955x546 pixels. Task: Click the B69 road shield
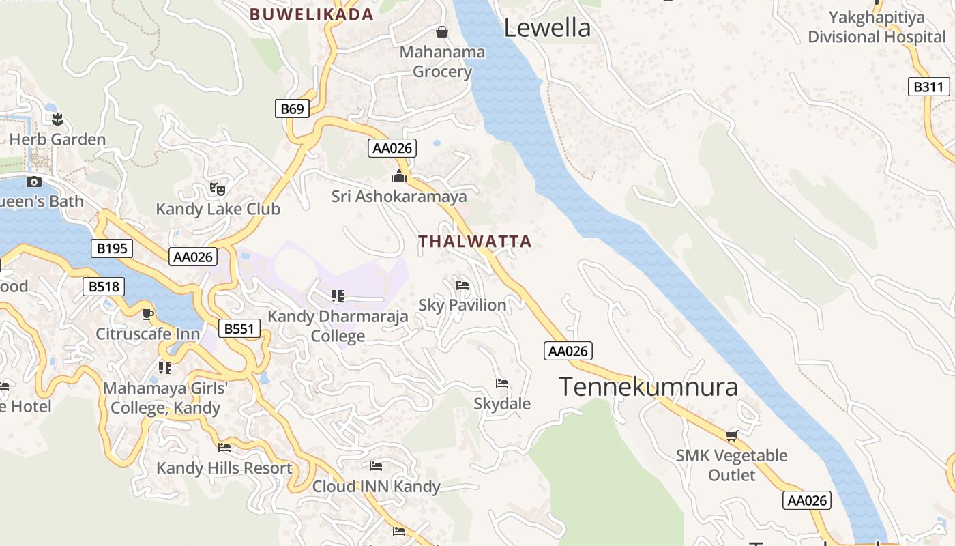(292, 109)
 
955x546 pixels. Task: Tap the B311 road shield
(929, 87)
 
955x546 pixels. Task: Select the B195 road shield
(112, 248)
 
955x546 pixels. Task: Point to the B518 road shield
(104, 287)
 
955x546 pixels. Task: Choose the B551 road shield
(239, 329)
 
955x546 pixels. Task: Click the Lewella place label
(547, 28)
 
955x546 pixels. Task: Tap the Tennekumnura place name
(648, 387)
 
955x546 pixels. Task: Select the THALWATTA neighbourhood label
(475, 242)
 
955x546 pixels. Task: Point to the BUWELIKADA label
(312, 14)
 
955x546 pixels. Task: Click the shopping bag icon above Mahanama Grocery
(442, 32)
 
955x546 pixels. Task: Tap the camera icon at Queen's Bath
(34, 182)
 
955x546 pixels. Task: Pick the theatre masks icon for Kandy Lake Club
(218, 188)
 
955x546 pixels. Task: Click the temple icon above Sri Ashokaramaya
(399, 177)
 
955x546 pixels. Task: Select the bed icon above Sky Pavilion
(462, 285)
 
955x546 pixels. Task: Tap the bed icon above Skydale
(502, 384)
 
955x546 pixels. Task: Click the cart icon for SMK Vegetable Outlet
(732, 435)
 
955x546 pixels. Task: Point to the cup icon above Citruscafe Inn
(148, 314)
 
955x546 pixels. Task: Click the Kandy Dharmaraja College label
(338, 326)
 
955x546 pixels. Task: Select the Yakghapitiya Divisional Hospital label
(877, 27)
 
